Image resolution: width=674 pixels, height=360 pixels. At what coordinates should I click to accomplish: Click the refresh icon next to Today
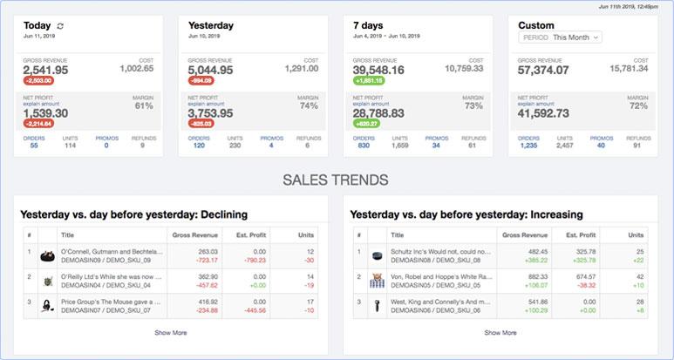point(60,26)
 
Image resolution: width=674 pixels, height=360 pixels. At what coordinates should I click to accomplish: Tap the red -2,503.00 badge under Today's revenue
point(40,81)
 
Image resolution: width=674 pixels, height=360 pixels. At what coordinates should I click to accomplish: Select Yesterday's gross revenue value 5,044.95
point(210,70)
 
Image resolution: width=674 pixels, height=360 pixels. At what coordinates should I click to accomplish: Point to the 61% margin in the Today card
point(144,105)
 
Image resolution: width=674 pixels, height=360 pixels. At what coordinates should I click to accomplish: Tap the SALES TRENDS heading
point(336,181)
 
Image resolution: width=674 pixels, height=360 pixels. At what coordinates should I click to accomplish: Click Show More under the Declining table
point(170,332)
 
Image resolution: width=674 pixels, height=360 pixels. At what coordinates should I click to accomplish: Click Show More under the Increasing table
point(500,332)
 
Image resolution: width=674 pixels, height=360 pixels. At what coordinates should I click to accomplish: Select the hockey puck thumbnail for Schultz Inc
point(378,256)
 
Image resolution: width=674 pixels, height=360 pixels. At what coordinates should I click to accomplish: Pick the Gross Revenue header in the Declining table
point(195,235)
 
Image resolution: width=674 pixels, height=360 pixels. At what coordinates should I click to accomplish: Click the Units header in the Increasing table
point(636,235)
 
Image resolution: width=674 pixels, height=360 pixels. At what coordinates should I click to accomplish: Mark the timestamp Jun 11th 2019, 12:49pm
point(628,6)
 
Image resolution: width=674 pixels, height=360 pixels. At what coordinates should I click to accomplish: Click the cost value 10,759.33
point(464,67)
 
